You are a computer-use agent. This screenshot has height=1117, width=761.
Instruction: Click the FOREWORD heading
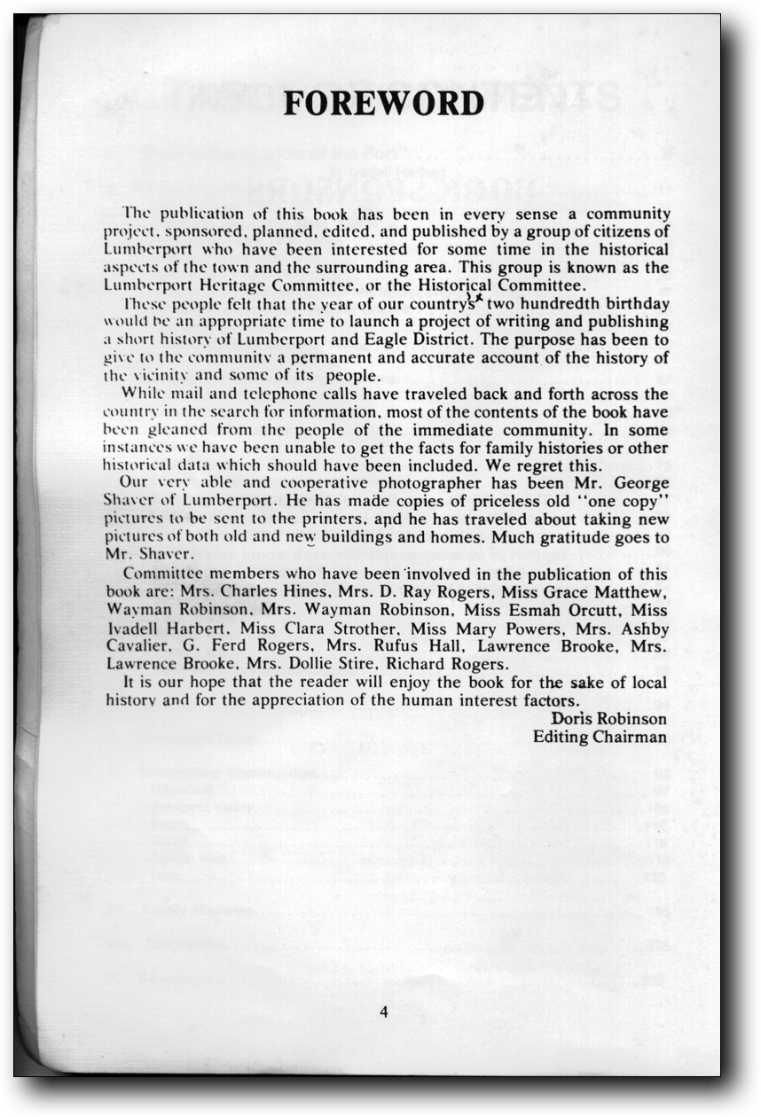point(383,104)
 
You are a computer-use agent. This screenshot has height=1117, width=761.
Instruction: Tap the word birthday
point(635,304)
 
